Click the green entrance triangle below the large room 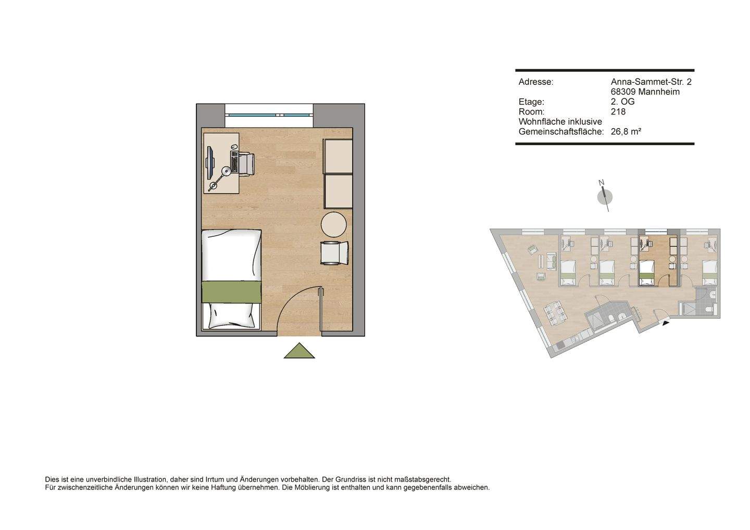(299, 352)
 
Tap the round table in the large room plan (334, 224)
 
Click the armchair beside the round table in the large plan (334, 253)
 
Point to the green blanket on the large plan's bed (231, 292)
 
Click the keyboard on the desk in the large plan (234, 162)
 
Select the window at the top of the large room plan (269, 115)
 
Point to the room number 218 (618, 111)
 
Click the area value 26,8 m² (626, 132)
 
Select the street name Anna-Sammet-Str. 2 (651, 82)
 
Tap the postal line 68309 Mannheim (645, 92)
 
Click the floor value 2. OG (623, 102)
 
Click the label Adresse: (536, 82)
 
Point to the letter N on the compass (601, 183)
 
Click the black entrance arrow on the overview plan (666, 323)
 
